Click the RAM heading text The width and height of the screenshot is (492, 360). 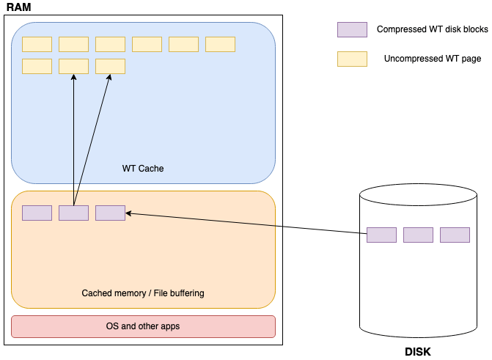point(19,7)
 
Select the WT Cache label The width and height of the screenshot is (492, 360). point(143,169)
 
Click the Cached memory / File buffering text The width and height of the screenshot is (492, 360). point(143,293)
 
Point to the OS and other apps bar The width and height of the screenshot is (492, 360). point(143,326)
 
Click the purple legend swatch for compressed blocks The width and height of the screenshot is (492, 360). point(352,30)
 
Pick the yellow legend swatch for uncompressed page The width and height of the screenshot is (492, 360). point(352,59)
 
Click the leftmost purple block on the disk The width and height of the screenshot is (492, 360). point(381,235)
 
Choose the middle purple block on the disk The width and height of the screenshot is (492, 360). point(418,235)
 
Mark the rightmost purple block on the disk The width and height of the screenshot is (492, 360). point(455,235)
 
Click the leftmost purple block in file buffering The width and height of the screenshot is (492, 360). point(37,213)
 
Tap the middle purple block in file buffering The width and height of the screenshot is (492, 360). point(73,213)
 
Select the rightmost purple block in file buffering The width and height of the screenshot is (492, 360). point(110,213)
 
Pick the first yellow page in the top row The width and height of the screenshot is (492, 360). point(37,44)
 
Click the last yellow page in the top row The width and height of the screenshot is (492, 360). point(220,44)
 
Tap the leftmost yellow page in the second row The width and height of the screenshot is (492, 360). point(37,67)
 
